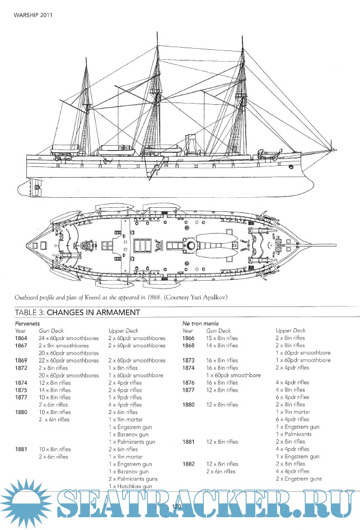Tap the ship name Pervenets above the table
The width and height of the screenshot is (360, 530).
28,324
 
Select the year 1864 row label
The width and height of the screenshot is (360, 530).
21,338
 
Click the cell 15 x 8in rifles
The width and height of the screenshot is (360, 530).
222,338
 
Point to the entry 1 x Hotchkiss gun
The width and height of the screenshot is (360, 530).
130,486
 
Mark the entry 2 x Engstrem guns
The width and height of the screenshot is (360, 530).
299,478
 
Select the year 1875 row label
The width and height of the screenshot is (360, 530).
21,390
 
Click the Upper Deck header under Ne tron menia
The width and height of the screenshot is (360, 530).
291,331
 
